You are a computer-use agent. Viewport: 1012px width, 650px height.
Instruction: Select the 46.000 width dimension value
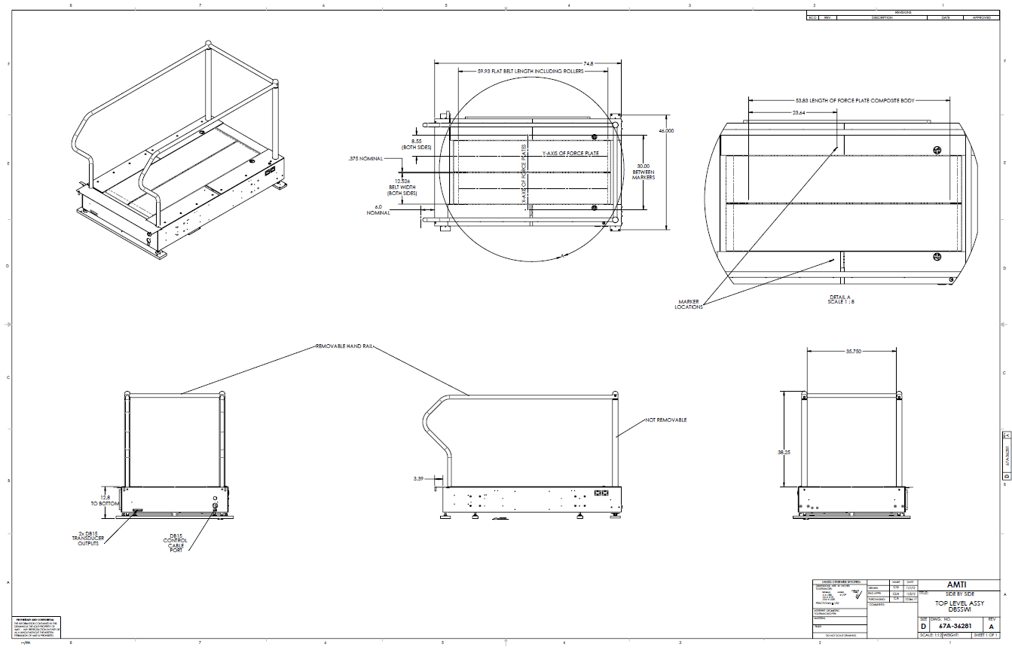point(665,131)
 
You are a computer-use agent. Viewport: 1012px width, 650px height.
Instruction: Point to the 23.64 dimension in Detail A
point(793,112)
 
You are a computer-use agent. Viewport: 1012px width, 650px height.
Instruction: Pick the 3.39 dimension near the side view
point(419,478)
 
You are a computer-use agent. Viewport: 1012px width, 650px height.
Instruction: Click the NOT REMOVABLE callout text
point(665,420)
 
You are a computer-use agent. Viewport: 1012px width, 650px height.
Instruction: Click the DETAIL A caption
point(840,298)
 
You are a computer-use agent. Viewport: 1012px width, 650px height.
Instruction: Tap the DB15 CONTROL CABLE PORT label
point(175,545)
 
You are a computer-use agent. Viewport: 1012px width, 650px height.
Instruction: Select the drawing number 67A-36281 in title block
point(954,625)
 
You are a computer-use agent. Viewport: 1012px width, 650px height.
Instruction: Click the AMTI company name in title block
point(956,585)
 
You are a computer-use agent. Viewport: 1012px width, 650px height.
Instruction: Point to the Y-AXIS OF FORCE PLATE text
point(570,153)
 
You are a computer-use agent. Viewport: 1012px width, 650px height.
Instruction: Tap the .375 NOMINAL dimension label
point(365,159)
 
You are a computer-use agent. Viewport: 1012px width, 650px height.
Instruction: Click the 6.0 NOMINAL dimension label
point(378,210)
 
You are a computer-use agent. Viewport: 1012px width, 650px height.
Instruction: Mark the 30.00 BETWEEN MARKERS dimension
point(643,172)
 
